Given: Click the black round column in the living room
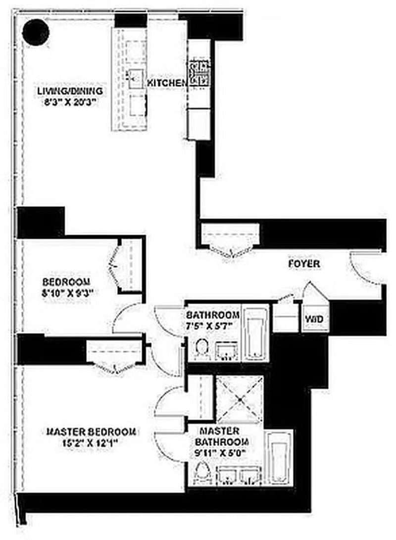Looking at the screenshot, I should [x=36, y=31].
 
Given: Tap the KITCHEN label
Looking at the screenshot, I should [x=165, y=83].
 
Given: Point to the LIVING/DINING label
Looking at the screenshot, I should [x=70, y=91].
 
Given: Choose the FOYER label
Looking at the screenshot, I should [x=304, y=264].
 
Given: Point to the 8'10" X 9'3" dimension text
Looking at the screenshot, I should [x=67, y=292].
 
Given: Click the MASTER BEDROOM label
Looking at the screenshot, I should [x=91, y=431].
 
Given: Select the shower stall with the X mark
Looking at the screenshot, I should [x=240, y=399].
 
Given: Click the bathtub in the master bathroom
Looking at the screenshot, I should [x=279, y=458].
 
